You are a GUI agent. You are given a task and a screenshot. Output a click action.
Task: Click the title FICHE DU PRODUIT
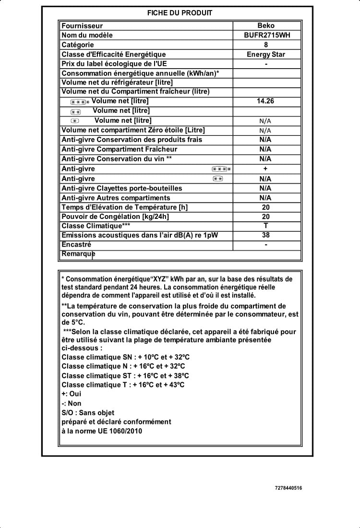coord(180,13)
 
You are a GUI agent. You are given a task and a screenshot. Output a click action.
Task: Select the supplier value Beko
coord(266,26)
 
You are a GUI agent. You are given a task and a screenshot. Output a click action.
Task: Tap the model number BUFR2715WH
coord(266,35)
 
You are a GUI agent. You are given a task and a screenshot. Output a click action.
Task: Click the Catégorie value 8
coord(266,45)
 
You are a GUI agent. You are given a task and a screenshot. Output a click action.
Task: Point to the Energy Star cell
coord(266,54)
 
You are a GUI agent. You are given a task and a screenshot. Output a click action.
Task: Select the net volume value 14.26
coord(265,101)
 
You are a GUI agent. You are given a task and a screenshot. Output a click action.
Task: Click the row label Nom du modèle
coord(87,35)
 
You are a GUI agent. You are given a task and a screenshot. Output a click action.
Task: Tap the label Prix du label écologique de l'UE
coord(114,64)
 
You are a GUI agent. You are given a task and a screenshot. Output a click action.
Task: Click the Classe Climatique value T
coord(266,226)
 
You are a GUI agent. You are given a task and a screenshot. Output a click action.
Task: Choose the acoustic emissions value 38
coord(266,235)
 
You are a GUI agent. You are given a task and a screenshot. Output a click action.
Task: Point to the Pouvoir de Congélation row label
coord(115,216)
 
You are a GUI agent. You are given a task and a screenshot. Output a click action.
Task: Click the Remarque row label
coord(78,254)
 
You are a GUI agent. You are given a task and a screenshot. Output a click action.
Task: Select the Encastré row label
coord(76,245)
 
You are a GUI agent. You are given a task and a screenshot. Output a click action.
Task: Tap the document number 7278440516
coord(288,488)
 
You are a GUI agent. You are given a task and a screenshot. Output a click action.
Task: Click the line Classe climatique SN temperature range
coord(126,357)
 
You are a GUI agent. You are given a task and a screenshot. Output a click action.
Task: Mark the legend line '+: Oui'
coord(72,394)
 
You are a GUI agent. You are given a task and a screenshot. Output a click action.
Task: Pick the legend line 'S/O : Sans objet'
coord(88,413)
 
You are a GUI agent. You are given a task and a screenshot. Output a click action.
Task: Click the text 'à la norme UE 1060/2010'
coord(102,431)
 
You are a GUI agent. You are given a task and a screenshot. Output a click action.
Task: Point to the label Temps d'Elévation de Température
coord(124,207)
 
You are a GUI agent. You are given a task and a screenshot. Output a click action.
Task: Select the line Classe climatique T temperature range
coord(123,385)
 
